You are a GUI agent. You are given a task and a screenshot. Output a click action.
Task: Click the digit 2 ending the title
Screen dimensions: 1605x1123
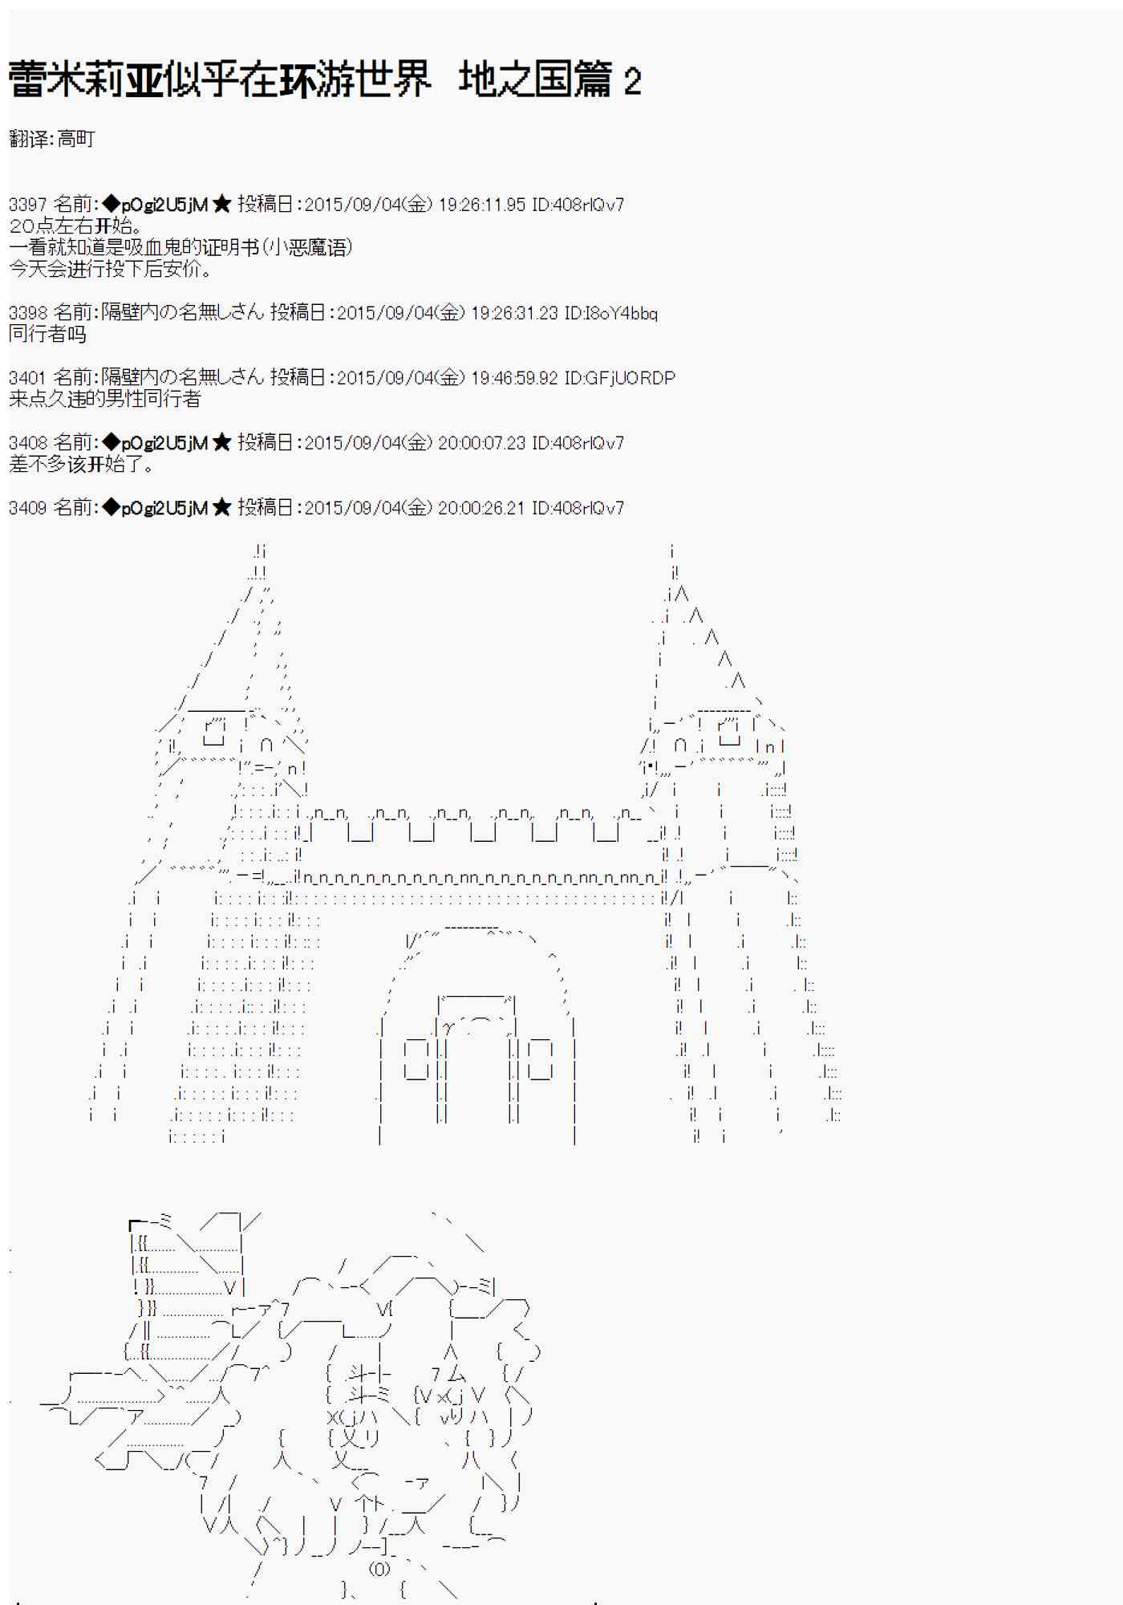632,82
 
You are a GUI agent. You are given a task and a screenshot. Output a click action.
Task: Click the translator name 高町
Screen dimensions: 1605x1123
76,139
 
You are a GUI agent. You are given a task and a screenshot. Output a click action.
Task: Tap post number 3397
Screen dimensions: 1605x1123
27,205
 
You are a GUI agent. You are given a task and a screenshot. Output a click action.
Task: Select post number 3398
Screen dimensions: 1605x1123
27,313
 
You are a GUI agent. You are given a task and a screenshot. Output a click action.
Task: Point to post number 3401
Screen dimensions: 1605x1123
27,378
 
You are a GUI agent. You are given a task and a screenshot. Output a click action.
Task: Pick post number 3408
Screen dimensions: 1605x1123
27,443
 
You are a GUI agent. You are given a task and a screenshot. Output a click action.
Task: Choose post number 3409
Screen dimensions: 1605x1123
27,508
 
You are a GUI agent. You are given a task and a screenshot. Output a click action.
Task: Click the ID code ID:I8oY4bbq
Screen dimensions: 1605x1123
610,313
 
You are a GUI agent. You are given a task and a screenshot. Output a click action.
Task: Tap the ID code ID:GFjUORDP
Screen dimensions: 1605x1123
619,378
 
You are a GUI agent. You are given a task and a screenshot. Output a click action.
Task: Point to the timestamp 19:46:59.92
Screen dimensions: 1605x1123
514,378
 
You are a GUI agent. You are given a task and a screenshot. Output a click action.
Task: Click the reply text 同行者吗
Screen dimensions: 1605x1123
47,334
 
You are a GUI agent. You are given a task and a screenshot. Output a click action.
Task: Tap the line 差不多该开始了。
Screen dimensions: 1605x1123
81,464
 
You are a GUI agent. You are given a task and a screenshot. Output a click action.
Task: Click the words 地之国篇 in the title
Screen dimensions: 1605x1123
535,80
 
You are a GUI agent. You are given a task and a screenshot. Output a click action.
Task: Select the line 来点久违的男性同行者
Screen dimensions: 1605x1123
104,399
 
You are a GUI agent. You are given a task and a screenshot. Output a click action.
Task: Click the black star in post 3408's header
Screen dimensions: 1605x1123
222,443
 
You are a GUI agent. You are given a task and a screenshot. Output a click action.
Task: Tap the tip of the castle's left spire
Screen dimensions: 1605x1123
260,551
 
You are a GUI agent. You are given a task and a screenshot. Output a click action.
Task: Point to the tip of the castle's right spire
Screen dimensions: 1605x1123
672,551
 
